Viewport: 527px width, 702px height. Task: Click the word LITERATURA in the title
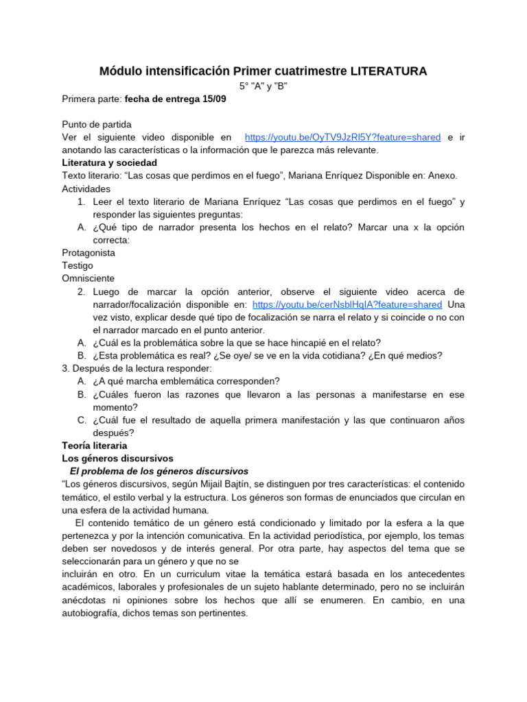388,71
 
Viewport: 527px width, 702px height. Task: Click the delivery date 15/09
213,99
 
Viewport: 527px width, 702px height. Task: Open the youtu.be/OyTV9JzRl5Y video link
342,137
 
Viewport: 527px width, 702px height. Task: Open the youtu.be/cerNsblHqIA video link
347,304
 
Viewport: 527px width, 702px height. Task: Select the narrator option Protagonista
89,252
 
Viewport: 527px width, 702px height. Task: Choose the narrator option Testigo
78,265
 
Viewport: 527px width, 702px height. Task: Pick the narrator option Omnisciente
89,278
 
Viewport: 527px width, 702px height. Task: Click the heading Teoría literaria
94,445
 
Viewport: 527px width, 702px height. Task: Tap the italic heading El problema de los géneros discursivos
159,471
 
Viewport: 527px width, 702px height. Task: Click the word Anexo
441,175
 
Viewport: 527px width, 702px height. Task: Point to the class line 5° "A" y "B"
263,86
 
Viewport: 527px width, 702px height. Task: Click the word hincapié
294,342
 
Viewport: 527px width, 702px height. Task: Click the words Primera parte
91,99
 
